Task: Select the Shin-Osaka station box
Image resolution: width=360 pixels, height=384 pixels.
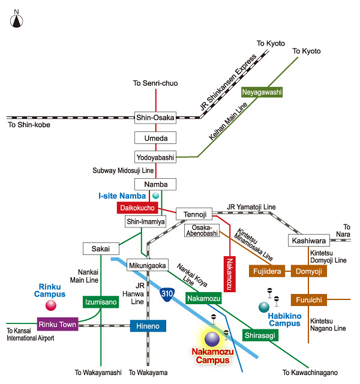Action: point(155,118)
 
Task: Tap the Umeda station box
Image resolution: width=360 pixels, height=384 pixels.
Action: point(155,138)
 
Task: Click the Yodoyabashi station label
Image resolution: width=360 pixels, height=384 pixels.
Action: point(155,158)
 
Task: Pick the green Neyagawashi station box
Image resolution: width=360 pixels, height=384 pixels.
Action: point(262,92)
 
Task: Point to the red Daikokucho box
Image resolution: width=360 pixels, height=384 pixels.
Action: point(137,208)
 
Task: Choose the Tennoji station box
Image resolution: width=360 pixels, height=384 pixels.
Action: point(194,214)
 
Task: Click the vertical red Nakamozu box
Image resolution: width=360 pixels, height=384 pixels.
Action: point(230,274)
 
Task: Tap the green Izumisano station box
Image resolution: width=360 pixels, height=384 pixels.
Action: point(100,302)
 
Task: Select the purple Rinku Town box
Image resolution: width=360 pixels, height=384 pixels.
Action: point(58,325)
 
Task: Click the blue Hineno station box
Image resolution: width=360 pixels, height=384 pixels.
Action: point(148,326)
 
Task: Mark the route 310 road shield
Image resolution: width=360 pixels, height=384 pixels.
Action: point(169,294)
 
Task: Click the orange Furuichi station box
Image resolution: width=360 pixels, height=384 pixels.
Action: point(308,299)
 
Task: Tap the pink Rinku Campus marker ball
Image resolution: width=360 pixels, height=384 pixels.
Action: point(51,305)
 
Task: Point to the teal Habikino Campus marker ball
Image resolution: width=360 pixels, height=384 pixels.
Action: point(264,307)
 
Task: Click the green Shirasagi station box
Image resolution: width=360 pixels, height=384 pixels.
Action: point(260,335)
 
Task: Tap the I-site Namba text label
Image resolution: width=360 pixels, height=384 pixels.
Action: point(122,196)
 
